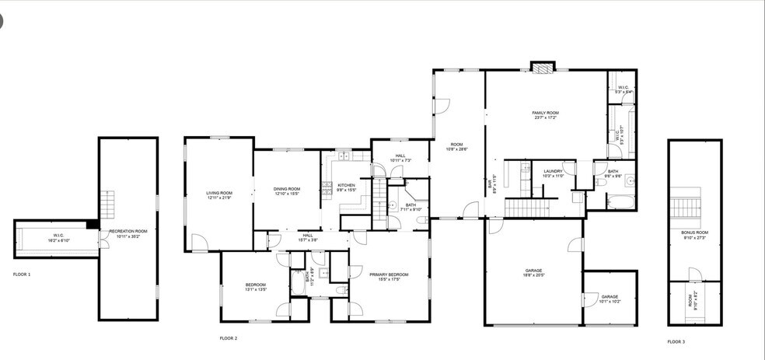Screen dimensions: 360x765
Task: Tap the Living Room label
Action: [219, 194]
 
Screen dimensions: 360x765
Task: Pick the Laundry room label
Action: [553, 173]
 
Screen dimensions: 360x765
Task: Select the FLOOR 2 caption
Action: [228, 338]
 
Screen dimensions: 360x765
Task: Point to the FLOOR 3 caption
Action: [676, 341]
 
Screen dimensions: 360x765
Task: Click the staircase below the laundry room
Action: [533, 208]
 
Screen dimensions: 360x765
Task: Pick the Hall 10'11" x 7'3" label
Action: [400, 158]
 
